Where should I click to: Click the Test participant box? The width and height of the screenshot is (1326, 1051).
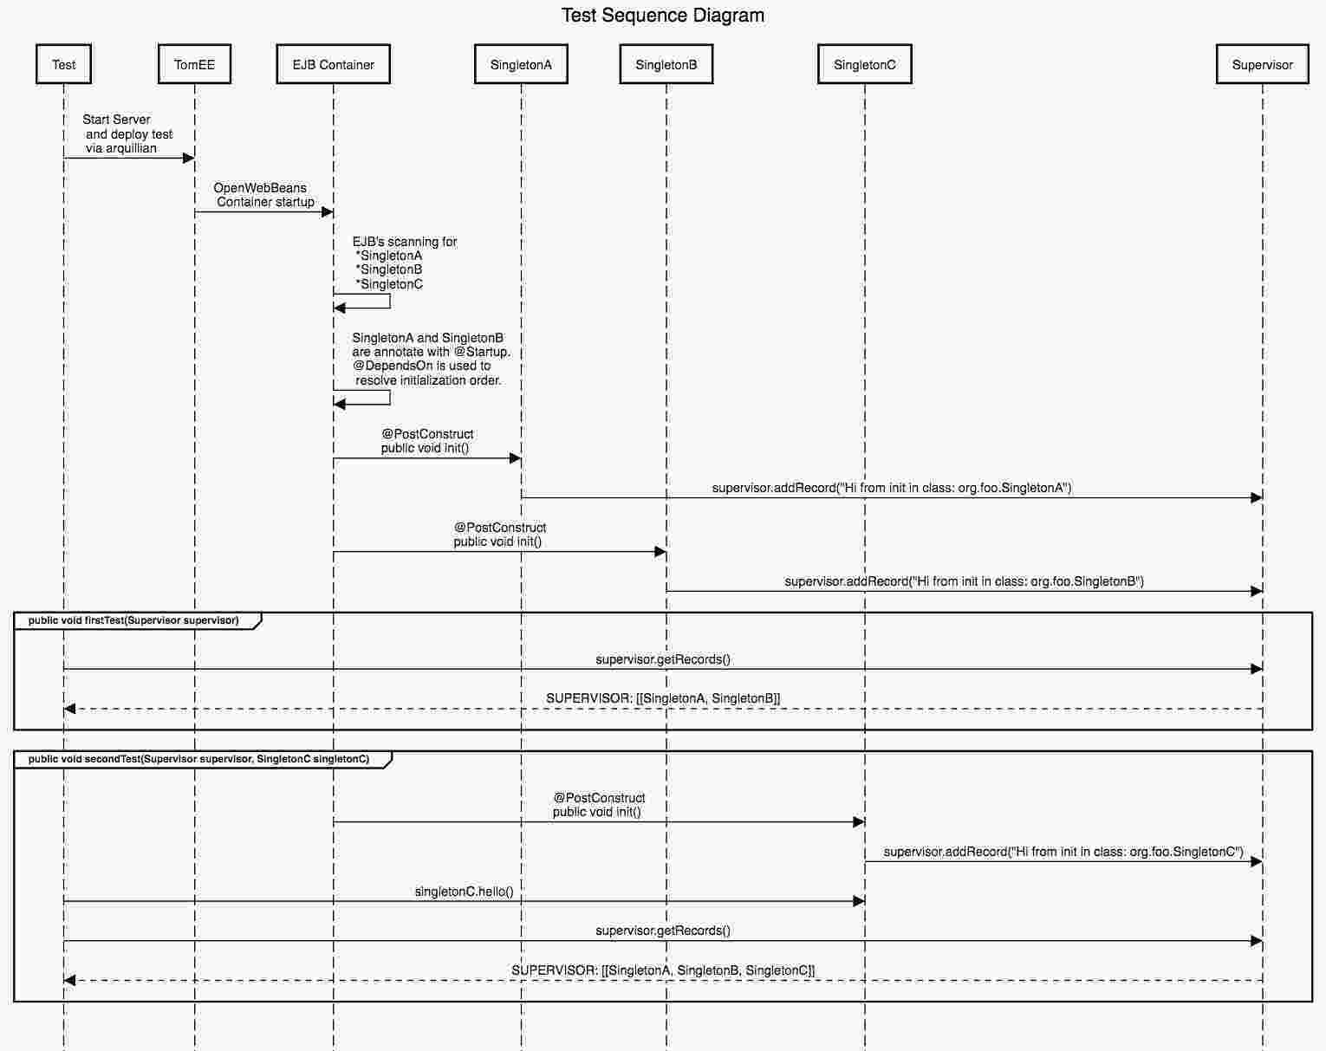pyautogui.click(x=63, y=64)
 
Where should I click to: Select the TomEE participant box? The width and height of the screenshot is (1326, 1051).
pyautogui.click(x=195, y=64)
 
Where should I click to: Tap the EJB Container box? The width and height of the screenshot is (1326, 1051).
pyautogui.click(x=334, y=64)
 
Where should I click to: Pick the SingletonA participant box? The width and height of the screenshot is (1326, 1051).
pyautogui.click(x=521, y=64)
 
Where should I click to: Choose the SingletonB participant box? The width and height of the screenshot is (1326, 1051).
pyautogui.click(x=666, y=64)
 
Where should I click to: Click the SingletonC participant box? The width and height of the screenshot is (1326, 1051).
pyautogui.click(x=864, y=64)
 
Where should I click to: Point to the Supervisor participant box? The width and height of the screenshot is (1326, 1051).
pyautogui.click(x=1263, y=64)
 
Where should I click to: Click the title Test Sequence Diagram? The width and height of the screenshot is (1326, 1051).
pyautogui.click(x=663, y=16)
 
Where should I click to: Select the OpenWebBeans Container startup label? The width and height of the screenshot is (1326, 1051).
pyautogui.click(x=263, y=195)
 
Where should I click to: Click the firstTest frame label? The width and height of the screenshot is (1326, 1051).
pyautogui.click(x=133, y=620)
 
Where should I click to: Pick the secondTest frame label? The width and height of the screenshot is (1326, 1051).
pyautogui.click(x=198, y=759)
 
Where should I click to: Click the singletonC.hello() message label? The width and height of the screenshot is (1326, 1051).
pyautogui.click(x=464, y=892)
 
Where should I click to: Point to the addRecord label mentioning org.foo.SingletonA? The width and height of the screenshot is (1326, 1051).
pyautogui.click(x=892, y=488)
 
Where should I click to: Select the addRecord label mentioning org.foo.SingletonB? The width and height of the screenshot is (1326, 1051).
pyautogui.click(x=965, y=581)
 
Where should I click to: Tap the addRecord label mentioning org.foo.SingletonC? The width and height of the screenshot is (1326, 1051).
pyautogui.click(x=1063, y=852)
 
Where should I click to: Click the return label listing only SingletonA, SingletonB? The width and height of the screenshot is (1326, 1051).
pyautogui.click(x=663, y=698)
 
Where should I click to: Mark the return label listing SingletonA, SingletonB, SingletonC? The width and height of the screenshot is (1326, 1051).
pyautogui.click(x=663, y=970)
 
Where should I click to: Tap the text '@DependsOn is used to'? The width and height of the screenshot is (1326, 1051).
pyautogui.click(x=421, y=366)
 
